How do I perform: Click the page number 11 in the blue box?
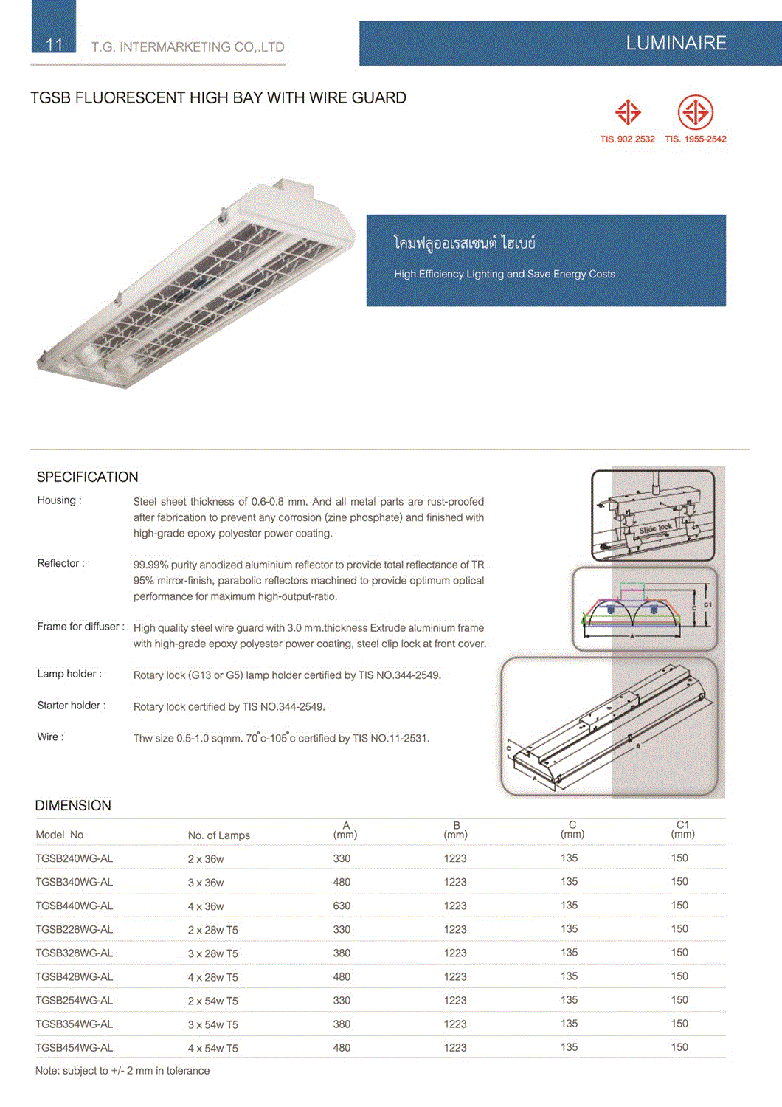54,44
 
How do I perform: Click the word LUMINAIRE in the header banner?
676,44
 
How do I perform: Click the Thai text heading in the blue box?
465,243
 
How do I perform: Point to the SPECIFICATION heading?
88,477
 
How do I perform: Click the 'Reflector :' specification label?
61,563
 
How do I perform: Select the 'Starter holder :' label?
72,706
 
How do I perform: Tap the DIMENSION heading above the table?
73,805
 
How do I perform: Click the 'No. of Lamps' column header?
218,835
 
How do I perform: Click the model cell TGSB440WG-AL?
75,906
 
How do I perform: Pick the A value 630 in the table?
342,906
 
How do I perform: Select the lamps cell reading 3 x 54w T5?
212,1024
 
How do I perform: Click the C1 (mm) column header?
682,830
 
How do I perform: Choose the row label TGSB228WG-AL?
75,929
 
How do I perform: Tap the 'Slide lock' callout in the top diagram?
655,528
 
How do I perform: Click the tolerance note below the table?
122,1071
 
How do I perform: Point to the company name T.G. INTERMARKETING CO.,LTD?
187,47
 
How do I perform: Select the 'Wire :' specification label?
51,737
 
